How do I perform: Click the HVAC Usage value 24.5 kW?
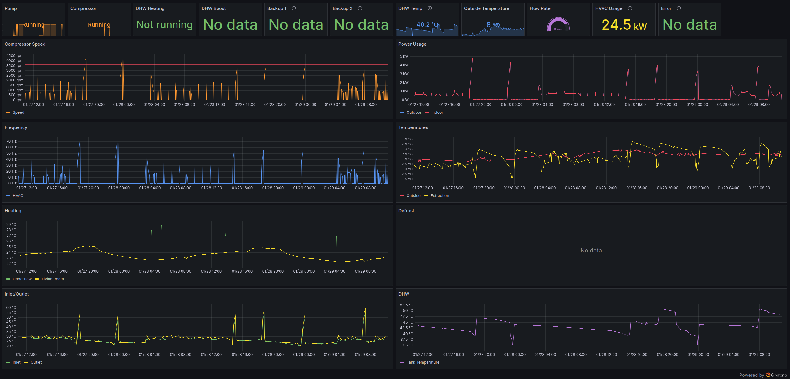click(x=624, y=25)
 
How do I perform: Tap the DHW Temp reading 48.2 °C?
click(x=427, y=24)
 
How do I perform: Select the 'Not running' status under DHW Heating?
click(x=164, y=24)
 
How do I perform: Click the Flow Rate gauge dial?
click(x=558, y=25)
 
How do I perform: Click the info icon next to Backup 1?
click(x=294, y=8)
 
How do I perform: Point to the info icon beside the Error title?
click(x=679, y=8)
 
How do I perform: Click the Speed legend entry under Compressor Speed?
click(x=18, y=112)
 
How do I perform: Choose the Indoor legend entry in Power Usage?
click(x=437, y=112)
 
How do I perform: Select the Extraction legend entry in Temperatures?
click(x=439, y=196)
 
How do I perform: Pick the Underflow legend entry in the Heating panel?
click(x=22, y=279)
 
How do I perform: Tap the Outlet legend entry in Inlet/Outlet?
click(x=36, y=362)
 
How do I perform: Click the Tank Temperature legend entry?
click(x=423, y=362)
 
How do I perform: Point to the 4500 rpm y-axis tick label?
click(x=15, y=56)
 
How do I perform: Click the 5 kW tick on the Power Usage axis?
click(x=404, y=56)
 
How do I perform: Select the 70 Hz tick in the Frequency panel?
click(x=11, y=141)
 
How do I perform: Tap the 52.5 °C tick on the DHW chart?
click(x=406, y=305)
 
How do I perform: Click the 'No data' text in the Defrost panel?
click(x=591, y=251)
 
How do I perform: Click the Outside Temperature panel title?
click(x=486, y=8)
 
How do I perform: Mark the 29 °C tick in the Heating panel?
click(x=11, y=225)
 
